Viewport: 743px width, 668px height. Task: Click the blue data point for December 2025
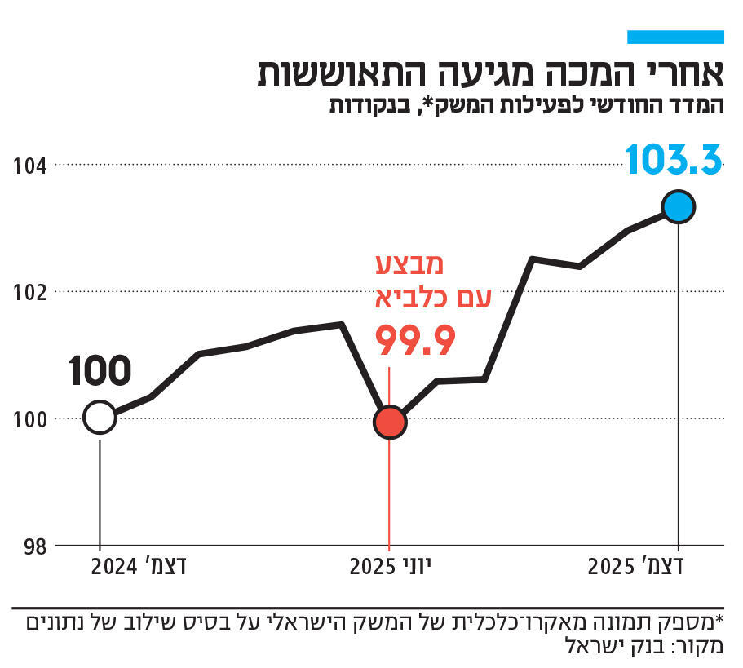679,207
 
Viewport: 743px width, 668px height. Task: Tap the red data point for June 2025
390,422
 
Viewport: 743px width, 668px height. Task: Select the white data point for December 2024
100,418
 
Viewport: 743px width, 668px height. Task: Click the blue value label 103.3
674,160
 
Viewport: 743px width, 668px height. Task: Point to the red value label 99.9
414,341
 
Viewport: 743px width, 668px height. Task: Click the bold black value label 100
100,371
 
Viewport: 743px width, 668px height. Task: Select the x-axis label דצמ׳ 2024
139,567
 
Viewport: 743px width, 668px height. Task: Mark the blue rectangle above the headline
675,37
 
